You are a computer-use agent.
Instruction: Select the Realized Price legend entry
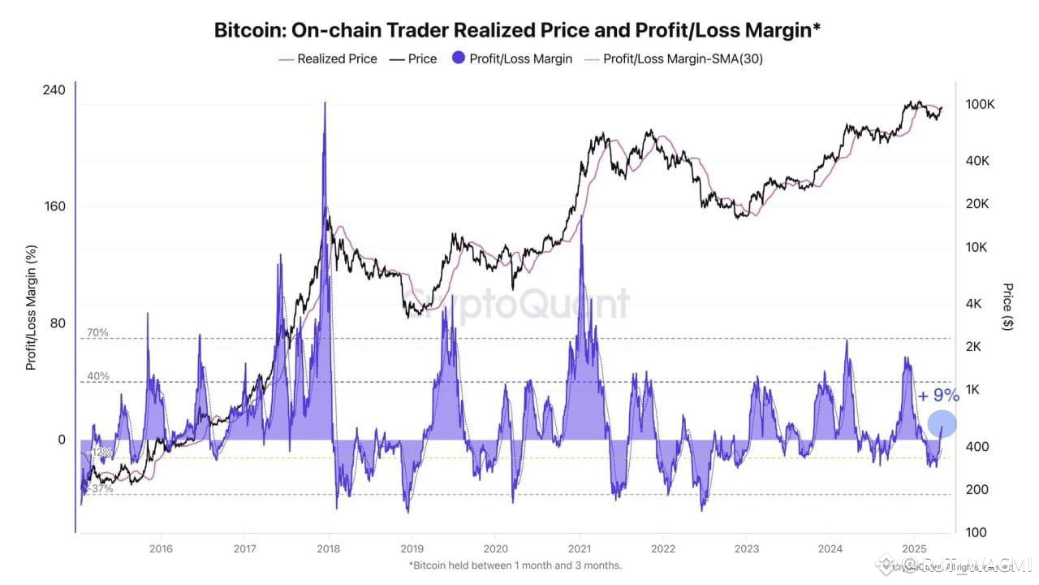(328, 58)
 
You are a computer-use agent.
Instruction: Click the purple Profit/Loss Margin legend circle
(458, 58)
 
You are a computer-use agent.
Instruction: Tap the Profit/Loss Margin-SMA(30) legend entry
(674, 58)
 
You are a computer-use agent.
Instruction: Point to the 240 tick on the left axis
(54, 89)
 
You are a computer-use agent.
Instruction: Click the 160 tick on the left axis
(54, 206)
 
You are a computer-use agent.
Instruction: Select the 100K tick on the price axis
(980, 105)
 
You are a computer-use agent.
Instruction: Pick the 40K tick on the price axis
(976, 161)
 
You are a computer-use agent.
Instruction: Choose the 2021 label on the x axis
(579, 548)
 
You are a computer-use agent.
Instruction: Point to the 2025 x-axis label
(914, 548)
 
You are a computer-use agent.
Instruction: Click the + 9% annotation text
(938, 396)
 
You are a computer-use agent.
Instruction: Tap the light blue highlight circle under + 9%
(942, 423)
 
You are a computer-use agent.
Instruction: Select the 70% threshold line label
(97, 332)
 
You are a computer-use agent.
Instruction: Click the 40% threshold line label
(97, 376)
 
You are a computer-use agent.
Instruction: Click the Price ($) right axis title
(1007, 306)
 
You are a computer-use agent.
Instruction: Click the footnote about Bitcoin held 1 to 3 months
(515, 565)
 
